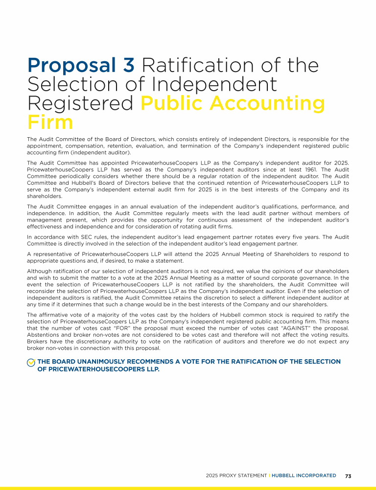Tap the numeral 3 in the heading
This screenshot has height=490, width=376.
click(127, 65)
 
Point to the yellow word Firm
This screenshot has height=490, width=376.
click(50, 122)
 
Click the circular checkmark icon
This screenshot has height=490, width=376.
click(31, 362)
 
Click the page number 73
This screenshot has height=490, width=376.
click(349, 475)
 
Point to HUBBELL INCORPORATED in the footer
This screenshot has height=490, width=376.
click(304, 475)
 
